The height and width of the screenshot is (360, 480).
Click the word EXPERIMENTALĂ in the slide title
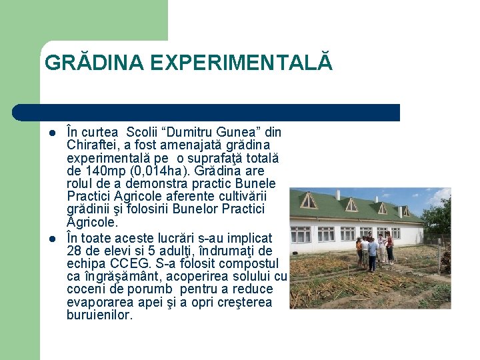[241, 63]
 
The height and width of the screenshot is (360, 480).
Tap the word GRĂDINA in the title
[94, 63]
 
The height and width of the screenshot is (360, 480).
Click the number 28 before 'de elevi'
[75, 251]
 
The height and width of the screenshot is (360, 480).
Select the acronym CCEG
[141, 264]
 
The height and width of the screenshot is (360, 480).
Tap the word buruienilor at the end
[100, 315]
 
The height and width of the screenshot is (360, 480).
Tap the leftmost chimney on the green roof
[339, 195]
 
